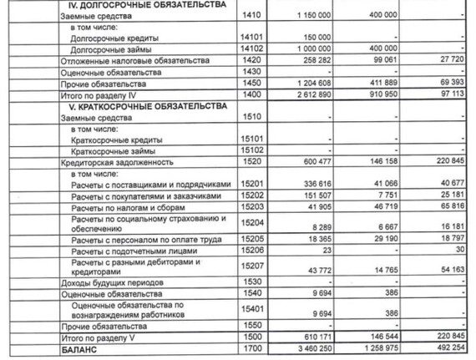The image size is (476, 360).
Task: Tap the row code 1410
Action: (249, 16)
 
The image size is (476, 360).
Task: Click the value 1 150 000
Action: (311, 16)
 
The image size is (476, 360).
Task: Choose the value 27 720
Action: (450, 61)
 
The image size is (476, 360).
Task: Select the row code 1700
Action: (249, 347)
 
